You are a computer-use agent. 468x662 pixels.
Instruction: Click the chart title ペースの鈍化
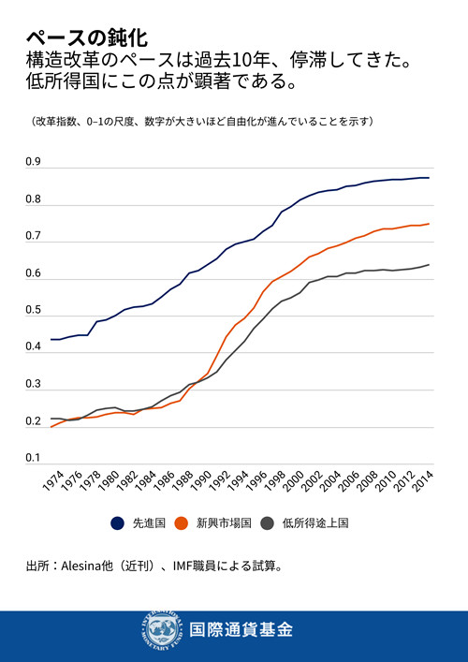[86, 37]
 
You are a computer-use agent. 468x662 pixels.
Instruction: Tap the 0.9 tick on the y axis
[32, 163]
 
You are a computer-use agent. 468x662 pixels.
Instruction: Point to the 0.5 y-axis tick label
[32, 310]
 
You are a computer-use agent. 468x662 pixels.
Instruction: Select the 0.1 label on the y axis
[32, 457]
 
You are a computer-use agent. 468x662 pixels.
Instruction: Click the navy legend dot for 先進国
[118, 523]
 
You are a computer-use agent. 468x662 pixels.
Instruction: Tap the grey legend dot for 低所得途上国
[269, 523]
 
